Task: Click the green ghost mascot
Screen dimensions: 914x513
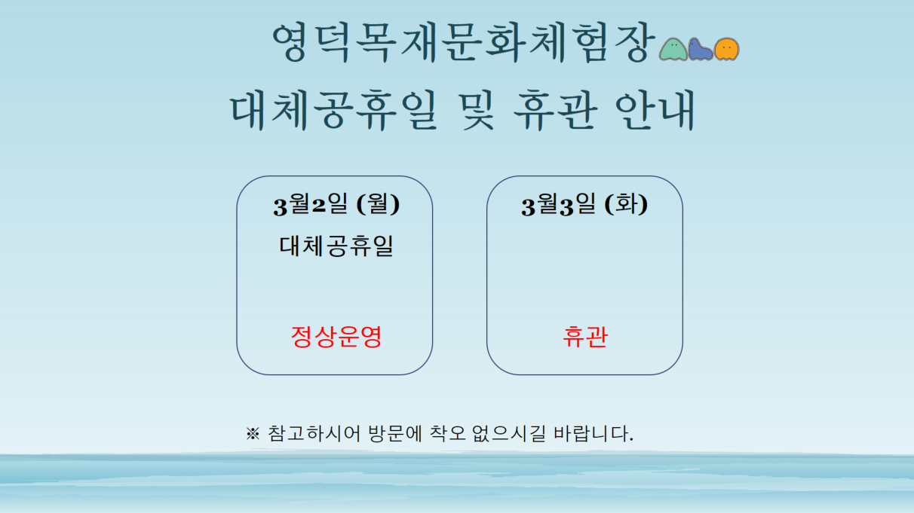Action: pyautogui.click(x=673, y=49)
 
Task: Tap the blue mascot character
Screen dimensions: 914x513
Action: pyautogui.click(x=700, y=49)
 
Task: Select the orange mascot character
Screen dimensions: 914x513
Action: pyautogui.click(x=727, y=49)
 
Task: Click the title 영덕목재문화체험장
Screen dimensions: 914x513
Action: pyautogui.click(x=464, y=43)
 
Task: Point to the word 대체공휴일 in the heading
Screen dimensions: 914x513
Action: pyautogui.click(x=334, y=110)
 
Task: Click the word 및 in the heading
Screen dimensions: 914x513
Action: pyautogui.click(x=476, y=110)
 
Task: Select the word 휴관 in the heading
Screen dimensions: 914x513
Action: pyautogui.click(x=555, y=110)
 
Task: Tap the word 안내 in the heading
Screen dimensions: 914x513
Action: pyautogui.click(x=655, y=110)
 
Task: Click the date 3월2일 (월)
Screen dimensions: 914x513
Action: pyautogui.click(x=336, y=204)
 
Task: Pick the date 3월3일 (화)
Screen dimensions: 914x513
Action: pyautogui.click(x=584, y=204)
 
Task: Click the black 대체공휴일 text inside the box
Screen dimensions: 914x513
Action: pyautogui.click(x=336, y=246)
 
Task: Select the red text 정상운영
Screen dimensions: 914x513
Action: pyautogui.click(x=336, y=337)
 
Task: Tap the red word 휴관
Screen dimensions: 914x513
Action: pyautogui.click(x=585, y=337)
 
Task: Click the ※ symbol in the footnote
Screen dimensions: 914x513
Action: pyautogui.click(x=253, y=434)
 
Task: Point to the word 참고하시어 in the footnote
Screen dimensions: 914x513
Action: pyautogui.click(x=314, y=434)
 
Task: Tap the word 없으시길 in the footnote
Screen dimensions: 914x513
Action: pyautogui.click(x=509, y=434)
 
